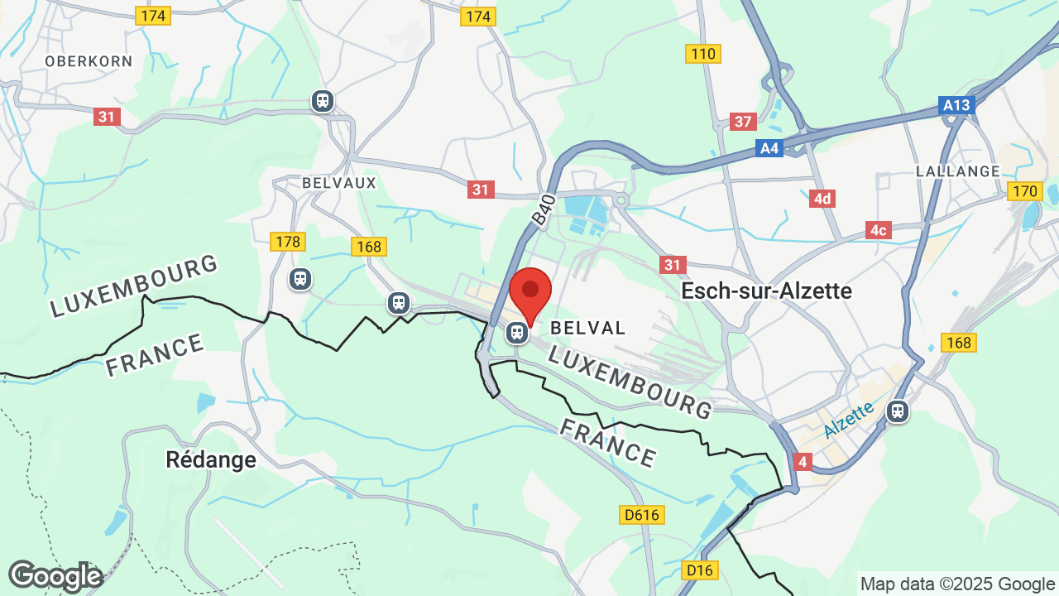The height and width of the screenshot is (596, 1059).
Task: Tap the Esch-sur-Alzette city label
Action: point(766,291)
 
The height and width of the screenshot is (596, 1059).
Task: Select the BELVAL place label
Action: point(587,328)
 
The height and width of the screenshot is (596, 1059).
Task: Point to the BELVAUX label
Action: point(339,182)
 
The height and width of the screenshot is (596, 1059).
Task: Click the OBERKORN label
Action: point(89,61)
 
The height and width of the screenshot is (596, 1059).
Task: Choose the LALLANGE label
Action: point(958,171)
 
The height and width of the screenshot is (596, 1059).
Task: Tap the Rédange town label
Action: point(211,459)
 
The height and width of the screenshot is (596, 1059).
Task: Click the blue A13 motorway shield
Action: point(957,105)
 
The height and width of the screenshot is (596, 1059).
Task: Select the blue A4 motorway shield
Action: point(769,148)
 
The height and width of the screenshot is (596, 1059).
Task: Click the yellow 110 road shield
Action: point(703,54)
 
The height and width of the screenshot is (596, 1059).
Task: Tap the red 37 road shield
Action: point(744,122)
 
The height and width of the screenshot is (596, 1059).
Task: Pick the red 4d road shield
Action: point(822,199)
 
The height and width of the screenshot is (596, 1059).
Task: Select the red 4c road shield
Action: point(879,230)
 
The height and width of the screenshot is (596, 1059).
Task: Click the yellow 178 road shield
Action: point(288,242)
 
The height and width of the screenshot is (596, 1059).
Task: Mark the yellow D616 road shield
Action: point(642,515)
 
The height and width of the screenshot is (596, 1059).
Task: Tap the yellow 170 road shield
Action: point(1025,192)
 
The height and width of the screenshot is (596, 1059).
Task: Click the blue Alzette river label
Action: point(849,421)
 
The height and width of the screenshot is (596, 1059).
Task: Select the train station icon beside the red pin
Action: point(517,333)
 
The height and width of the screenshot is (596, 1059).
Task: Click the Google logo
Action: point(55,576)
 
